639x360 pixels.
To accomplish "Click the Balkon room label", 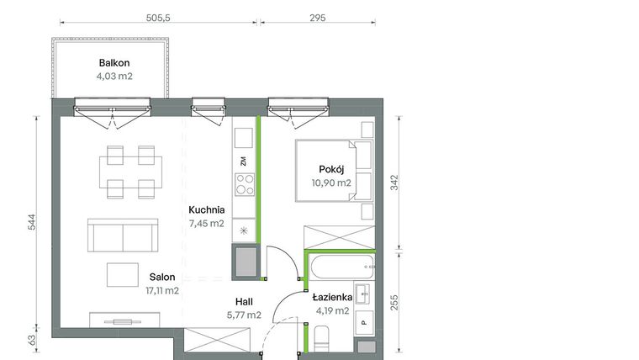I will coord(114,62).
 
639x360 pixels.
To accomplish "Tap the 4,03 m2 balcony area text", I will coord(114,76).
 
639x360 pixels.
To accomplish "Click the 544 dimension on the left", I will coord(30,222).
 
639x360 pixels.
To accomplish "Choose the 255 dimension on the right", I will coord(394,302).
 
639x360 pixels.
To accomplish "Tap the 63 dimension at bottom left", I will coord(30,341).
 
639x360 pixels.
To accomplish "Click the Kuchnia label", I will coord(206,210).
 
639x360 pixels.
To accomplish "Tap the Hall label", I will coord(244,301).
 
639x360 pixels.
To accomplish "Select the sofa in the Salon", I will coord(124,236).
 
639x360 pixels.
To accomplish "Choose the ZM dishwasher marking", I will coord(243,160).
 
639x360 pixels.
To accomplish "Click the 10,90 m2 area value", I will coord(330,182).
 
